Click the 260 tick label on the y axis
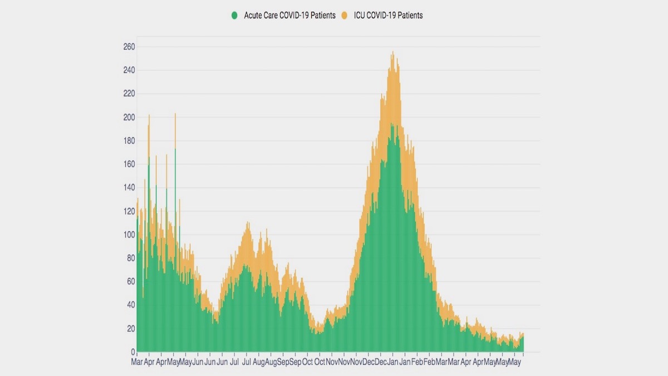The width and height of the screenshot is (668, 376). tap(129, 47)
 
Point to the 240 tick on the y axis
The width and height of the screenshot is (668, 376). tap(129, 70)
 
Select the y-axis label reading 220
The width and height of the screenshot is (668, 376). tap(129, 94)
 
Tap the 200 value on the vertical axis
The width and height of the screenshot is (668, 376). tap(129, 117)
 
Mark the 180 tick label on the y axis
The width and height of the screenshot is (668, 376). tap(129, 141)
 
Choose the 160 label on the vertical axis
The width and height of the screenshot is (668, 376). tap(129, 164)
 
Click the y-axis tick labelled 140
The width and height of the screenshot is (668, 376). tap(129, 188)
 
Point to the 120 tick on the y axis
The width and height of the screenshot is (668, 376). tap(129, 211)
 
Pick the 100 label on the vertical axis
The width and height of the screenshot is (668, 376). tap(129, 235)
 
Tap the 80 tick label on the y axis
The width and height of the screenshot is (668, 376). tap(131, 258)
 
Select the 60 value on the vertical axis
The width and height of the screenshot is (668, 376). tap(131, 282)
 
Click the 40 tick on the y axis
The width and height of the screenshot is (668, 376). tap(131, 305)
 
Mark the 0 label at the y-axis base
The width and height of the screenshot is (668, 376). tap(132, 352)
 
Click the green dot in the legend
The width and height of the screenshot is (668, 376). tap(235, 16)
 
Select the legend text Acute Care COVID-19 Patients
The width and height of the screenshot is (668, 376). tap(289, 16)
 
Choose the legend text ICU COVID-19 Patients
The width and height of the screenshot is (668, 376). tap(388, 16)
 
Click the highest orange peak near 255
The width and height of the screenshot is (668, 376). tap(393, 52)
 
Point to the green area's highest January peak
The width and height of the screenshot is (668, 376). tap(392, 124)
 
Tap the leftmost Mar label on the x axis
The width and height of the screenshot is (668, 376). tap(137, 362)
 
